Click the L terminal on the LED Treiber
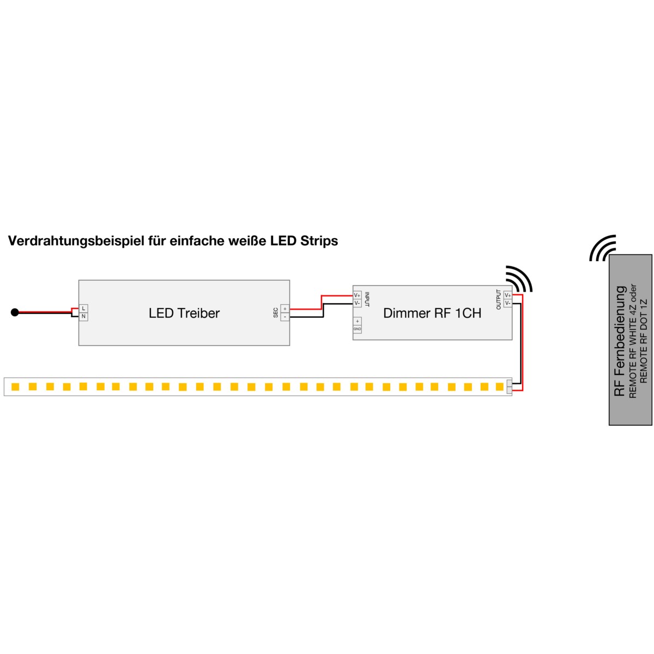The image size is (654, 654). (x=83, y=308)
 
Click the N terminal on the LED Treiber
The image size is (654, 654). (x=83, y=317)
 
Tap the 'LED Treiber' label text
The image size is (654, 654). (x=184, y=313)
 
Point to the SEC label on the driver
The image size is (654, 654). (x=276, y=313)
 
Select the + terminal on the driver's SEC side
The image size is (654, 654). (x=285, y=309)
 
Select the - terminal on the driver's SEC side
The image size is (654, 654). (x=285, y=317)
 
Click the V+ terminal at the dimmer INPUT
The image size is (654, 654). (x=357, y=295)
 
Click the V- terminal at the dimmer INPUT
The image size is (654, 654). (x=357, y=303)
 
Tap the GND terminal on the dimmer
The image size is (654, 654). (x=357, y=329)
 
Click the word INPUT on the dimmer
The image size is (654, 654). (x=367, y=299)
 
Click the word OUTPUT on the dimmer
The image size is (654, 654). (x=499, y=299)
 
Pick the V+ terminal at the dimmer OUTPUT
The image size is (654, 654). (x=508, y=295)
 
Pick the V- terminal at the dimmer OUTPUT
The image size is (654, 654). (x=508, y=303)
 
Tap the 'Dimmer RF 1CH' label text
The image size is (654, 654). (x=432, y=313)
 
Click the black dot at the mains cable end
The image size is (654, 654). (x=15, y=312)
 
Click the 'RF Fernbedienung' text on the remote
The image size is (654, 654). (x=620, y=341)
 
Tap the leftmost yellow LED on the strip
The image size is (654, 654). (x=15, y=386)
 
